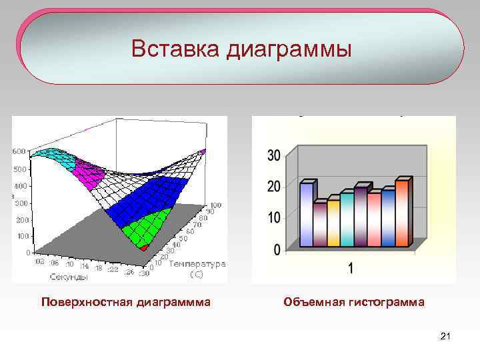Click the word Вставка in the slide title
click(175, 49)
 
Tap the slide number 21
click(446, 337)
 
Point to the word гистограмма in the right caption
click(387, 302)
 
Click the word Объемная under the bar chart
click(313, 302)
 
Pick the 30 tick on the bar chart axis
click(273, 155)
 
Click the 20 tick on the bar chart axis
click(273, 187)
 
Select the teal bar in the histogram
click(347, 219)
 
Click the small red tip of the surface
click(147, 247)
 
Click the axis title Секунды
click(67, 276)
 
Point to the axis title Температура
click(197, 264)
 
